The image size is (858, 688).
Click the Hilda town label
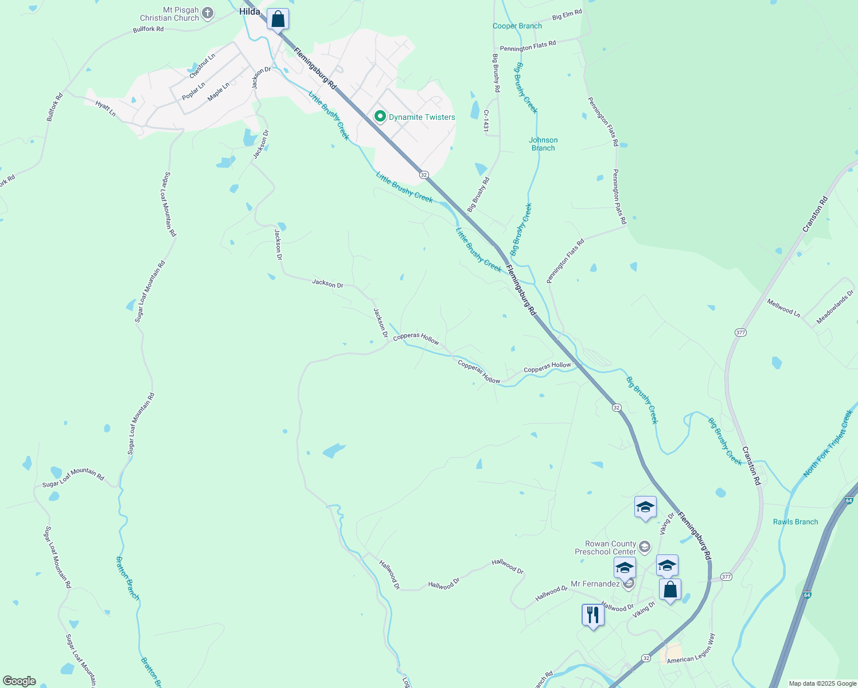tap(249, 11)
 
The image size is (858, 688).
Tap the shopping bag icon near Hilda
tap(278, 19)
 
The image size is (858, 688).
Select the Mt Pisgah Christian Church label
tap(169, 14)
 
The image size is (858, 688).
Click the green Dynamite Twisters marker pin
tap(380, 116)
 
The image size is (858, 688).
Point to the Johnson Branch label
tap(543, 144)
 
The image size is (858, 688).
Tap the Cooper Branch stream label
tap(517, 26)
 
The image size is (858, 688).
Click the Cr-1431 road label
tap(486, 122)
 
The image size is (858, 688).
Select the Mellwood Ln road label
tap(783, 307)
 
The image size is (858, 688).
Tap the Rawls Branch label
tap(795, 522)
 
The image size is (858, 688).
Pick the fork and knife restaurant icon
tap(592, 615)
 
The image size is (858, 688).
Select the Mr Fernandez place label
tap(595, 584)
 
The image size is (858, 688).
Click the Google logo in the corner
tap(19, 681)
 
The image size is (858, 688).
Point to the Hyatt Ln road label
tap(106, 109)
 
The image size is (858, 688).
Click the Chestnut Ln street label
tap(202, 65)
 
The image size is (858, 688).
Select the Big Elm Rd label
tap(567, 15)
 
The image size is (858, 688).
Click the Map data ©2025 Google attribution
tap(822, 683)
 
